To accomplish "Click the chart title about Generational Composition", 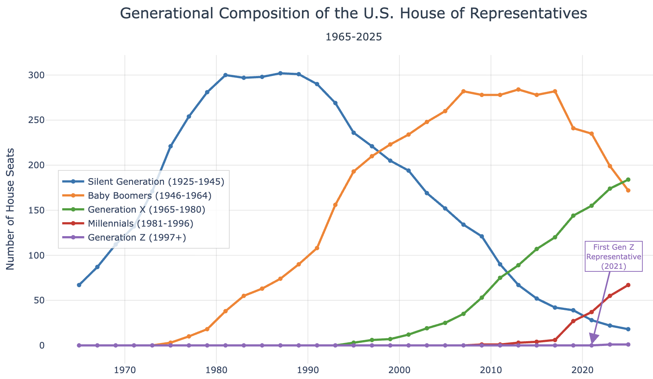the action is [x=354, y=14].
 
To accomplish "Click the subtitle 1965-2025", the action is [x=354, y=37].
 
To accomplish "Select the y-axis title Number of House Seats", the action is [x=11, y=209].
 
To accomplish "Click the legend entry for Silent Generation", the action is [x=144, y=181].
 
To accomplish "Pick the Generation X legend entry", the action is [x=134, y=209].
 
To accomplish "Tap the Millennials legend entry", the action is [x=128, y=223].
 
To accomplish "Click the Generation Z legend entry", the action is [x=124, y=237].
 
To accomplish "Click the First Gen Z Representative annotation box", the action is [x=614, y=256].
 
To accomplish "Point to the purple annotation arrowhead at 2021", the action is [x=592, y=340].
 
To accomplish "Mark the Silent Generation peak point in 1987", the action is [x=280, y=73].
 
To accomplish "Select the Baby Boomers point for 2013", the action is [x=518, y=90].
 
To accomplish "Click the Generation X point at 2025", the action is [x=628, y=180].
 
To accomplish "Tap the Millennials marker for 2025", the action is [x=628, y=285].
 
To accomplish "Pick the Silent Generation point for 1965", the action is [x=79, y=285].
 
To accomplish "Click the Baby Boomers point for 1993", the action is [x=335, y=205].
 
